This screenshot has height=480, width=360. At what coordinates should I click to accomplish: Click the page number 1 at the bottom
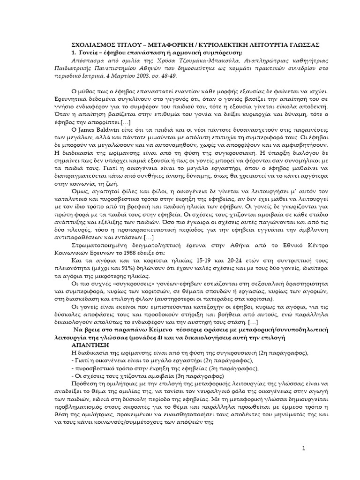[303, 449]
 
